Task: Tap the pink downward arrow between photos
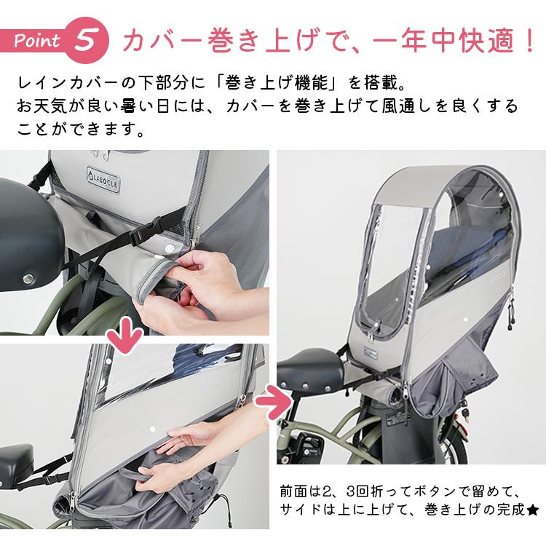(123, 336)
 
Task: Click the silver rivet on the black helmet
(31, 278)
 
